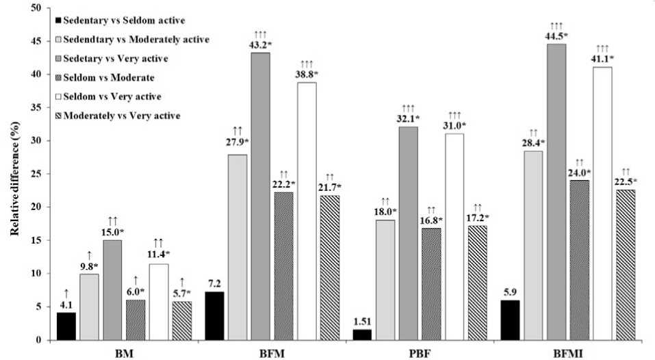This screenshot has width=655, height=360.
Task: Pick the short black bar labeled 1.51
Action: coord(362,335)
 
